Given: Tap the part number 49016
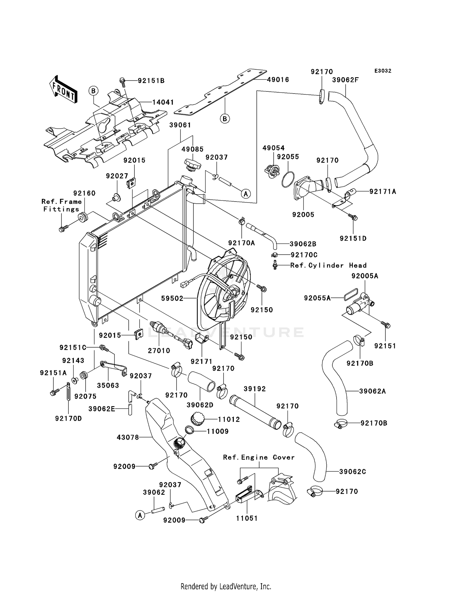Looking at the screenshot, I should [x=278, y=80].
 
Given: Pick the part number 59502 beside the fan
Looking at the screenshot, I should [x=172, y=298].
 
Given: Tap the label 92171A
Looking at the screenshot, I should [x=383, y=191].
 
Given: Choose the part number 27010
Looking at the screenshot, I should [x=159, y=351].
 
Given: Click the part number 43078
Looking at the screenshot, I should [x=128, y=437].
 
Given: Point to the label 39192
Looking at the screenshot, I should [x=255, y=389].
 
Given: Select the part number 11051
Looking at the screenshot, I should [x=247, y=518].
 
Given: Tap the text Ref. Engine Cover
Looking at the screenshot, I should [x=259, y=457].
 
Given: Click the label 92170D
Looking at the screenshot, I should [x=68, y=419].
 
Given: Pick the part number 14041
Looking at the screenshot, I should [x=163, y=102].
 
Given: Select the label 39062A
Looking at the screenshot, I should [x=372, y=391].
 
